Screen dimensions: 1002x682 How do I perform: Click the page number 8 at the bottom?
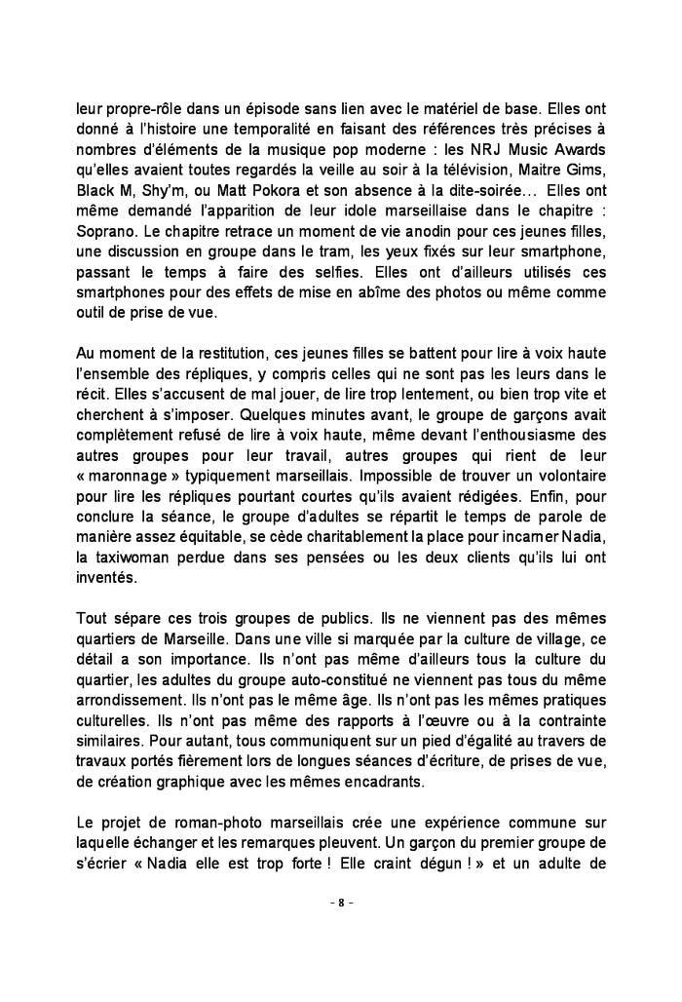340,903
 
